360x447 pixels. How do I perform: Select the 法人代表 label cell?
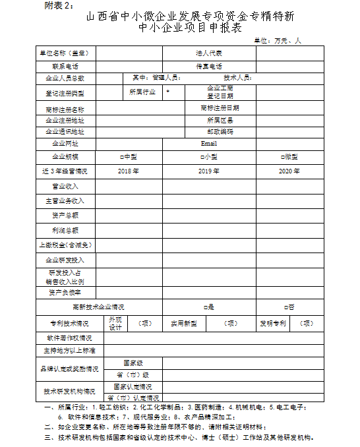[x=209, y=53]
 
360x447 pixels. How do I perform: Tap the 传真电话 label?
[x=209, y=66]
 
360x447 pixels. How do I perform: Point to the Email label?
[x=209, y=143]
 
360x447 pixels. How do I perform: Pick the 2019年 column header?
[x=208, y=171]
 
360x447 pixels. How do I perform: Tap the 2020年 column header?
[x=289, y=171]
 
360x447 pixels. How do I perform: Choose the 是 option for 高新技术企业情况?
[x=209, y=307]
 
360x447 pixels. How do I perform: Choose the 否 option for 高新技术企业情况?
[x=288, y=307]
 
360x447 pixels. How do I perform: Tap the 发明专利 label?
[x=272, y=324]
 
